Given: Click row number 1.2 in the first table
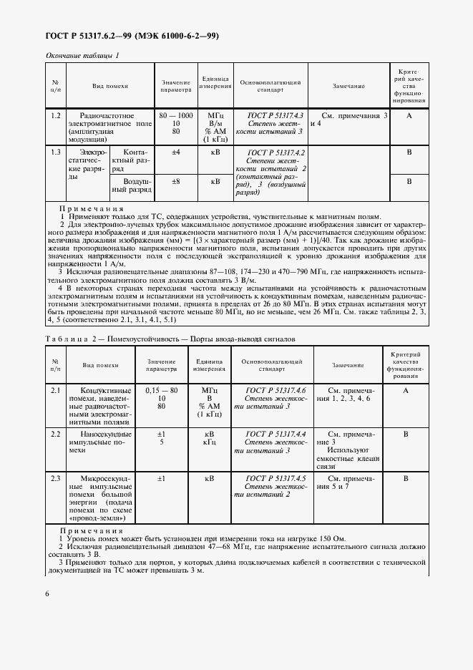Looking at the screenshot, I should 55,115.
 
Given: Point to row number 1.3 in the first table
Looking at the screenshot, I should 55,152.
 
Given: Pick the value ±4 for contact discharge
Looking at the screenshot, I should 175,152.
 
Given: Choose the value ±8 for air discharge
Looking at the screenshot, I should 175,182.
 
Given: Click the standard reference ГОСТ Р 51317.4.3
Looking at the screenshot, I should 275,115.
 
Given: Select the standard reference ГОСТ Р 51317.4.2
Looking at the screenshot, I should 275,152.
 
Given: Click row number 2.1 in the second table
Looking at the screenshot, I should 55,391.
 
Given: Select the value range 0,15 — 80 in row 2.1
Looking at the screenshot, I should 161,391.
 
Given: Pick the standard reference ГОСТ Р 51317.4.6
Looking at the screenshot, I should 275,391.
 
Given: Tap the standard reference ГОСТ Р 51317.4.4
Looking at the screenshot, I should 275,434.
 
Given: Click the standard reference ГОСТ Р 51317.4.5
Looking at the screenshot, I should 275,477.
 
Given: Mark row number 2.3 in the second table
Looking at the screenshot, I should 55,477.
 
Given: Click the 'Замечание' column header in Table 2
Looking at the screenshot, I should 348,365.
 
